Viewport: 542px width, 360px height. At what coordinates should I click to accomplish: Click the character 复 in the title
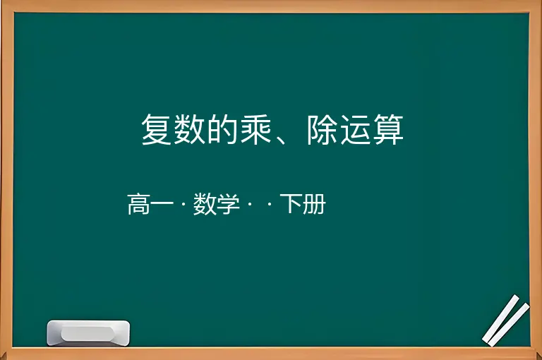tap(157, 129)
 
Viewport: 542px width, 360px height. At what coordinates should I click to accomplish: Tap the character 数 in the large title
tap(190, 129)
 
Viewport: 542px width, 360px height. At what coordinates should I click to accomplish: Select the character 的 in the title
tap(223, 129)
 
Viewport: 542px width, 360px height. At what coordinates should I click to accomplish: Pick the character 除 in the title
tap(323, 129)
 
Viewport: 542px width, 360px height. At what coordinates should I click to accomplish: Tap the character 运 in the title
tap(356, 129)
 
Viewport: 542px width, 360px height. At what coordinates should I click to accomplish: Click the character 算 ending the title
tap(389, 129)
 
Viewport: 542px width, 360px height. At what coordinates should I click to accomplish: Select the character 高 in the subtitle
tap(138, 204)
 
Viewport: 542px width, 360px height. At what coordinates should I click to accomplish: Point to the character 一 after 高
tap(162, 204)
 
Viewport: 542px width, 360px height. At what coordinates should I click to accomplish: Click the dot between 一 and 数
tap(183, 205)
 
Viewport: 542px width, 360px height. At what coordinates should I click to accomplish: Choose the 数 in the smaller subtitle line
tap(205, 204)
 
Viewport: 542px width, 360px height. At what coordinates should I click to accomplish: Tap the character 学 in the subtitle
tap(228, 204)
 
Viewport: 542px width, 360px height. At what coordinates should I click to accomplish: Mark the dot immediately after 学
tap(250, 205)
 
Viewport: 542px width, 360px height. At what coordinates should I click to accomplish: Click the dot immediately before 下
tap(270, 205)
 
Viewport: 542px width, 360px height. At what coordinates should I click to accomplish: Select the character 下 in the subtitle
tap(291, 204)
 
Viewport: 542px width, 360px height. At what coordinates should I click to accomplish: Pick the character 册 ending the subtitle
tap(315, 204)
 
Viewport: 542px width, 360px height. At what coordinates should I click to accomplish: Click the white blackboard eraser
tap(88, 332)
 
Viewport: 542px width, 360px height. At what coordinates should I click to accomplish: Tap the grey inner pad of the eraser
tap(88, 333)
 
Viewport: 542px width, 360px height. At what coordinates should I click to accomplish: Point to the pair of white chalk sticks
tap(506, 320)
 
